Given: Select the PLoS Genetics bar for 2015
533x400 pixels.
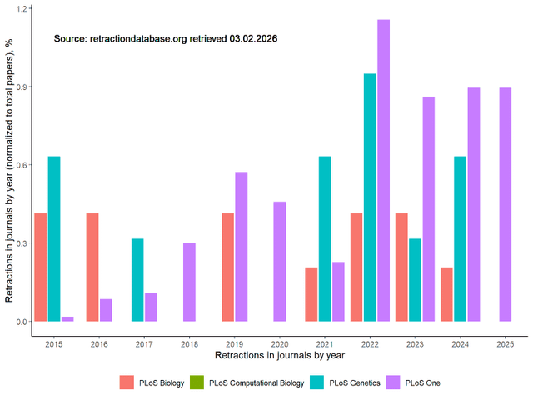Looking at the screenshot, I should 54,238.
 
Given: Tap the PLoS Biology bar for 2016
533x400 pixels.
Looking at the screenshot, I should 93,267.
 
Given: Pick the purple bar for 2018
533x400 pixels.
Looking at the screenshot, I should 189,282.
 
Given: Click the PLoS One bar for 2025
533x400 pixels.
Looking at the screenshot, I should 504,204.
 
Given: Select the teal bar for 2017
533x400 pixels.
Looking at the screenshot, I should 138,280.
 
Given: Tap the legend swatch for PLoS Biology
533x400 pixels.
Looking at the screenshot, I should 127,382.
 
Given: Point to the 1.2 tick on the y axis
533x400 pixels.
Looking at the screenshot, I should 22,8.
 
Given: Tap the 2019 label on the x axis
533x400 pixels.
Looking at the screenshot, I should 234,342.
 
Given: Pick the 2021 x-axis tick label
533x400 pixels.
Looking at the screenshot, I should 324,342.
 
